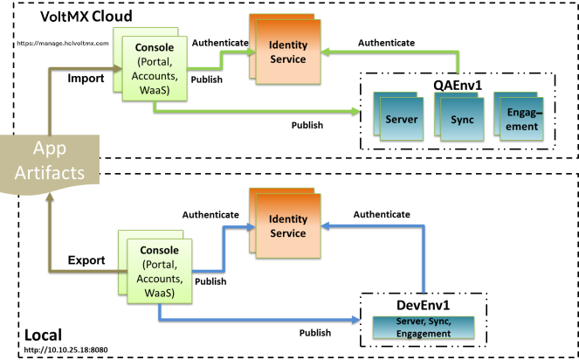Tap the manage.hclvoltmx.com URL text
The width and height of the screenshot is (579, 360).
click(x=62, y=42)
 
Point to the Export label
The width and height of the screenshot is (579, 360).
click(x=86, y=260)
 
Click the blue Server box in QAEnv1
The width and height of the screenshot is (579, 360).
click(x=404, y=119)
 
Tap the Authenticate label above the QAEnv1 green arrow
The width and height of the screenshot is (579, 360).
click(x=385, y=41)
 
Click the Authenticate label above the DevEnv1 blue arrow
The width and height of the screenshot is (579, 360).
click(x=381, y=213)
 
